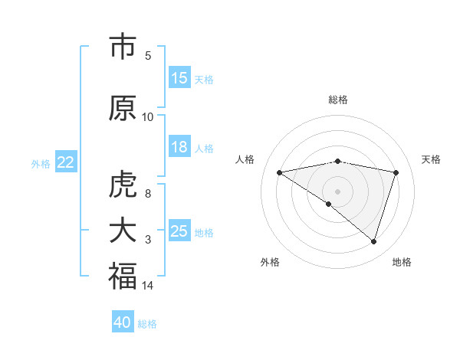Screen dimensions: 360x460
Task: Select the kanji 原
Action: click(x=123, y=108)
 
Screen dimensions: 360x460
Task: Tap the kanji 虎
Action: click(x=123, y=185)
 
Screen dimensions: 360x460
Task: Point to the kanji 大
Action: click(x=123, y=231)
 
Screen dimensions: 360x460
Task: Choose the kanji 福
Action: click(x=123, y=277)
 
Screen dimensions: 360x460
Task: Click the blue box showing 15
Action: click(x=179, y=78)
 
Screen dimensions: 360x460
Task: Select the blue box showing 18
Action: click(x=179, y=147)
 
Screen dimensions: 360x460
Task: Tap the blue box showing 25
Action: click(x=179, y=231)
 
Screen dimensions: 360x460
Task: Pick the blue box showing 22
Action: click(x=66, y=162)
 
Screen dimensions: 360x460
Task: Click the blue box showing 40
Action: click(x=123, y=322)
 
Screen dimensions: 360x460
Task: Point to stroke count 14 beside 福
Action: click(x=148, y=286)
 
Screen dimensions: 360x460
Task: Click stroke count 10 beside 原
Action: click(x=148, y=116)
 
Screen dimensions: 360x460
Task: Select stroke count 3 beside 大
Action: click(x=148, y=240)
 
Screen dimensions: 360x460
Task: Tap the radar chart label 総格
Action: click(x=338, y=100)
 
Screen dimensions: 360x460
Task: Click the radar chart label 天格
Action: click(x=431, y=159)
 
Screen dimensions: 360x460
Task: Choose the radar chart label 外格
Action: click(x=270, y=262)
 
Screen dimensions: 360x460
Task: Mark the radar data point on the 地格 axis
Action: click(x=373, y=241)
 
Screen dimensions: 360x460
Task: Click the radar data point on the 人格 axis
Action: click(x=279, y=172)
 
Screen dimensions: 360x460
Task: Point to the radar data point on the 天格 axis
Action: click(x=396, y=172)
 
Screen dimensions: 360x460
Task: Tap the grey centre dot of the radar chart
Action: click(x=337, y=191)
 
